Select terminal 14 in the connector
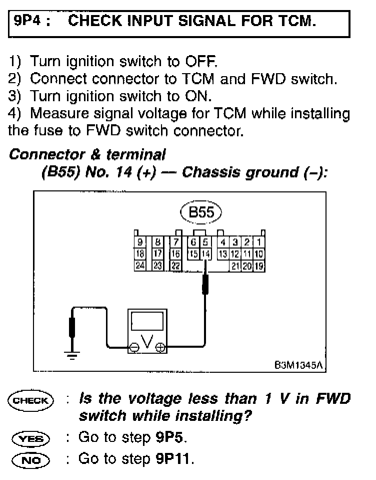pos(205,254)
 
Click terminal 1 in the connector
pos(259,243)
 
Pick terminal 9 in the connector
pos(140,243)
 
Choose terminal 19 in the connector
pos(259,266)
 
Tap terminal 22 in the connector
pos(175,265)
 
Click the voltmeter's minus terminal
pos(134,346)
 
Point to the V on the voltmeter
pos(147,342)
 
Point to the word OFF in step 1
pos(200,62)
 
